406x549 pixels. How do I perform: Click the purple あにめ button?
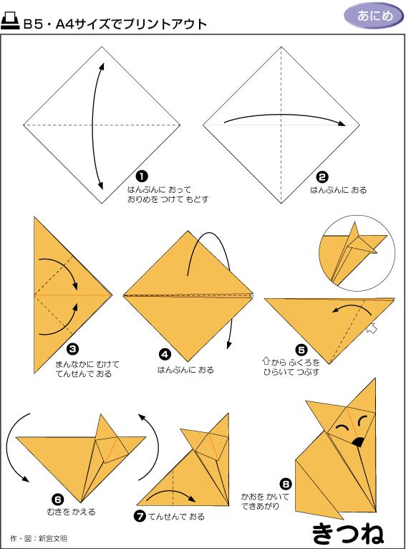click(x=374, y=16)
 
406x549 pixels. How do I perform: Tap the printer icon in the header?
click(x=10, y=22)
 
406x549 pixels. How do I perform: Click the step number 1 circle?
click(x=142, y=176)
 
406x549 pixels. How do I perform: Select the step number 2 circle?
click(x=322, y=177)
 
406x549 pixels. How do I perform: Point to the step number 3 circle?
click(x=73, y=349)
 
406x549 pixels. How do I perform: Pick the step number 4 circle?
click(x=165, y=354)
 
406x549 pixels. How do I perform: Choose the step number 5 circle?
click(x=301, y=350)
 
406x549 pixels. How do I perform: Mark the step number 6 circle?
click(x=58, y=500)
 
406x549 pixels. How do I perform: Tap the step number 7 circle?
click(x=140, y=516)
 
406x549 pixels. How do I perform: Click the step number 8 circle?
click(x=286, y=484)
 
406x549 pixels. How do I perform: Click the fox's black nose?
click(x=357, y=442)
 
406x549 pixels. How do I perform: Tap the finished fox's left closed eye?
click(x=342, y=427)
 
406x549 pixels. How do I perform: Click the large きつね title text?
click(x=347, y=534)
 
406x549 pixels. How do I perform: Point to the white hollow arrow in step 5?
click(x=372, y=329)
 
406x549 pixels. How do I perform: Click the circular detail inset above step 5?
click(x=357, y=253)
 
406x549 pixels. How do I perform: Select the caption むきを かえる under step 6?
click(x=72, y=512)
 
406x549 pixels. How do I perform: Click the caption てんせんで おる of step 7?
click(x=177, y=517)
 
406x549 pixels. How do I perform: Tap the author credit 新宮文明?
click(x=52, y=538)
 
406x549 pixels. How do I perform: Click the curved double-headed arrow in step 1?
click(x=94, y=126)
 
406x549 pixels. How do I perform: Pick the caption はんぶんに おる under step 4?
click(x=185, y=370)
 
